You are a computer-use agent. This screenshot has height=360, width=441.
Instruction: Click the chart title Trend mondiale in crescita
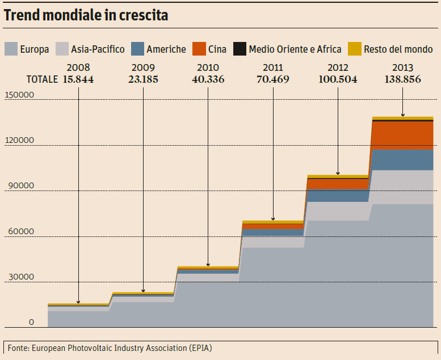click(x=86, y=15)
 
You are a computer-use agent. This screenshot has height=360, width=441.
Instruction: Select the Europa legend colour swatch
click(x=10, y=49)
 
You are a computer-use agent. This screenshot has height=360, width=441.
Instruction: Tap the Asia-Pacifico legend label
click(x=98, y=49)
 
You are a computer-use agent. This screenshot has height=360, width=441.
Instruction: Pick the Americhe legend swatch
click(x=137, y=49)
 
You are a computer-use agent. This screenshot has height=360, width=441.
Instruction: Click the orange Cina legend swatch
click(x=199, y=49)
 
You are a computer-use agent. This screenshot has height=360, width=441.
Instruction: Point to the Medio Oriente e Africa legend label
click(x=295, y=49)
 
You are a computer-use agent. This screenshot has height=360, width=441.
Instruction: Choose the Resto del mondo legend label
click(x=398, y=49)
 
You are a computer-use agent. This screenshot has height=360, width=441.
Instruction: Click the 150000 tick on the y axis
click(x=20, y=95)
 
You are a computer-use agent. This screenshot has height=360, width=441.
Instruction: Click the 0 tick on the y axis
click(x=32, y=323)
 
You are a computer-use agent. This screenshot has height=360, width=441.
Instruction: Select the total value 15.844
click(x=78, y=79)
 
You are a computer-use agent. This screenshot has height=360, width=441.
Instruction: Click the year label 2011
click(x=273, y=67)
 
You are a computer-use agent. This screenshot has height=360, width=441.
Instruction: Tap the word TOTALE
click(x=42, y=79)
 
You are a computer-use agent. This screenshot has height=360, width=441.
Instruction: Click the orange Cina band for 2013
click(x=402, y=134)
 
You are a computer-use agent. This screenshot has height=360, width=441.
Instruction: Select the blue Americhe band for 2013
click(x=402, y=159)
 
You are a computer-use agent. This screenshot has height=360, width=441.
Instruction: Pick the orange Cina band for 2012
click(x=338, y=184)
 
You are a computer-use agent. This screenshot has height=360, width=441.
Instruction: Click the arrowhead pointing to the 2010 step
click(x=208, y=264)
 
